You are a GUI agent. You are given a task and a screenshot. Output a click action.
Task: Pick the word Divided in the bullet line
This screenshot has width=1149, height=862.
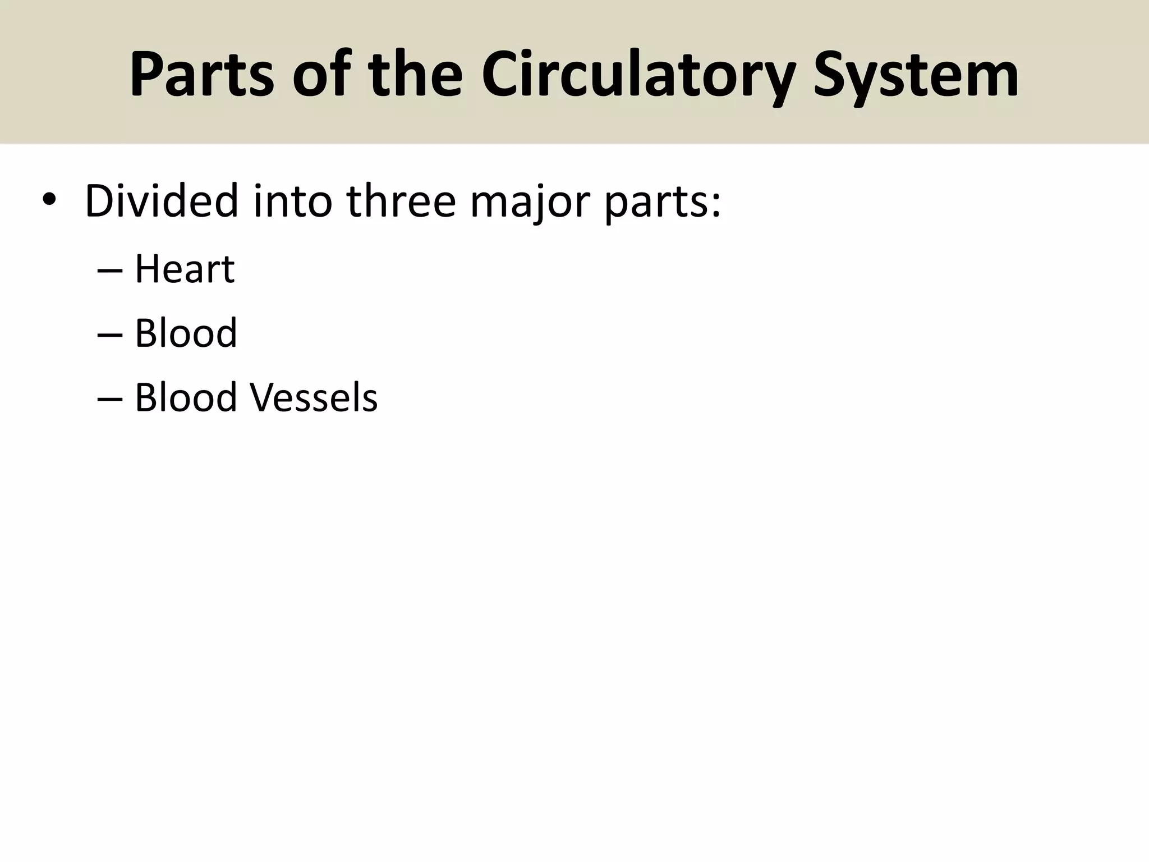pyautogui.click(x=162, y=201)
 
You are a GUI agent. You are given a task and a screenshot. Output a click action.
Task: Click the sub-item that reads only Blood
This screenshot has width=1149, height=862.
pyautogui.click(x=186, y=333)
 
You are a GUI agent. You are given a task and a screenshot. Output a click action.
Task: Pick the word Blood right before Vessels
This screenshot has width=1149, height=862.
pyautogui.click(x=186, y=397)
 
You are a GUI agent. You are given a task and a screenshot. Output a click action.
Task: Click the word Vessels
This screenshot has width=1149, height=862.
pyautogui.click(x=313, y=397)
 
